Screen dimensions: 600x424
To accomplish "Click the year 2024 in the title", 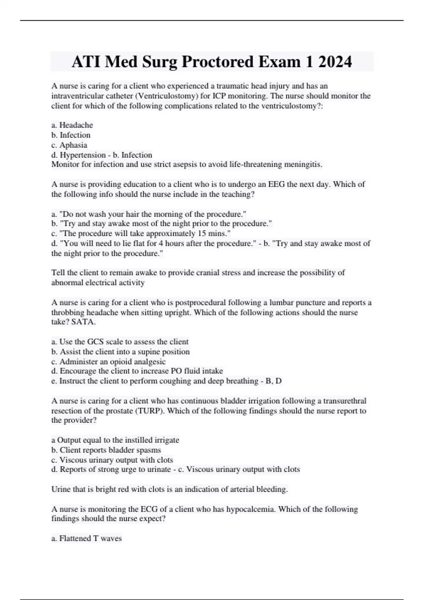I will pyautogui.click(x=335, y=62).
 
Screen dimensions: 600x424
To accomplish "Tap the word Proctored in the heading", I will pyautogui.click(x=217, y=62).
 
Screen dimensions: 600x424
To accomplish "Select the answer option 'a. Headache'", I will pyautogui.click(x=72, y=125).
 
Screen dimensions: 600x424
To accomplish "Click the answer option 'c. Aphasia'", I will pyautogui.click(x=69, y=145).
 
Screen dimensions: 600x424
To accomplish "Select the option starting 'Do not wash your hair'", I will pyautogui.click(x=149, y=214).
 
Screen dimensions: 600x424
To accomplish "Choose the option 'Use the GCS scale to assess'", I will pyautogui.click(x=120, y=342).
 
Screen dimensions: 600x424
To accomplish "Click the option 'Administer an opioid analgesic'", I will pyautogui.click(x=108, y=361).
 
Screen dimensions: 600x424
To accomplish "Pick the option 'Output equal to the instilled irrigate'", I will pyautogui.click(x=115, y=440).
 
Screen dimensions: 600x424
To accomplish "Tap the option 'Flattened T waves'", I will pyautogui.click(x=87, y=538).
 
